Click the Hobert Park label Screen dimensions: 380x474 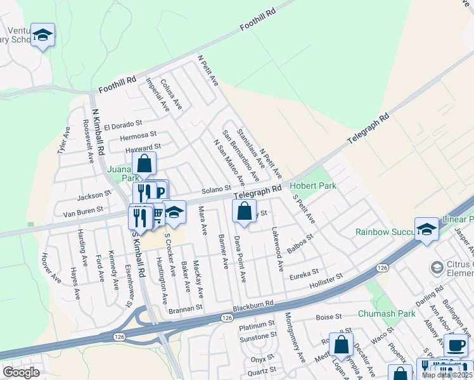(313, 186)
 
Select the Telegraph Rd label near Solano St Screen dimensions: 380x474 (257, 190)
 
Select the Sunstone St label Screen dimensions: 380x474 (257, 339)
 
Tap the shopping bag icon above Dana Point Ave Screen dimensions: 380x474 (245, 212)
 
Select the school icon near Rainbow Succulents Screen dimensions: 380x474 (427, 229)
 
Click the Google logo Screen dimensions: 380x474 (21, 372)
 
